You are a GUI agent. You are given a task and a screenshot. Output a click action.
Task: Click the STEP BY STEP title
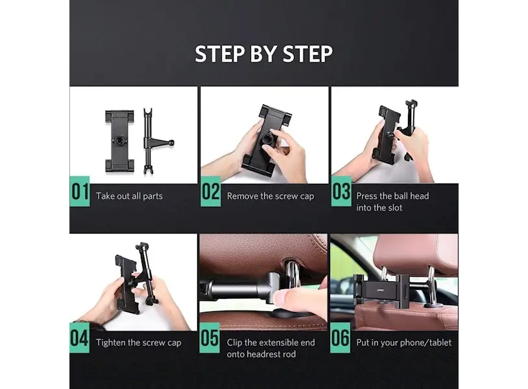(263, 54)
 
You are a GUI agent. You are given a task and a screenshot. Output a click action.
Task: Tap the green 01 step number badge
(80, 191)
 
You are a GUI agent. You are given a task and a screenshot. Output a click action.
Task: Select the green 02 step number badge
(210, 191)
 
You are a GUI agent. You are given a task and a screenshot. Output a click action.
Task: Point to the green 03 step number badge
(341, 191)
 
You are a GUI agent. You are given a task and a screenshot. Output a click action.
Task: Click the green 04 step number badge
(80, 338)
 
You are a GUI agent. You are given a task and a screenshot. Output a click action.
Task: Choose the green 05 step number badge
(210, 338)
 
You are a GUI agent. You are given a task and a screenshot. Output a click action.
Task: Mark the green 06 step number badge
(340, 338)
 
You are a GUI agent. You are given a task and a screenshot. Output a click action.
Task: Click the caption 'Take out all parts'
(129, 196)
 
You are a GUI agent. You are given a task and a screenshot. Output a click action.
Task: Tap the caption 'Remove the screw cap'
(270, 196)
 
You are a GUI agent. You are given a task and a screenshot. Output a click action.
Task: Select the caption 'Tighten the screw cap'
(139, 343)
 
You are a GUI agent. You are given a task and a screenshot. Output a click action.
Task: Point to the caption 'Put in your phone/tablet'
(403, 343)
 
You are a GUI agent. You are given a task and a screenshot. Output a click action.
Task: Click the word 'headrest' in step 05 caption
(261, 355)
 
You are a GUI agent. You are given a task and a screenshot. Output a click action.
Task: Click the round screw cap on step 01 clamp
(119, 140)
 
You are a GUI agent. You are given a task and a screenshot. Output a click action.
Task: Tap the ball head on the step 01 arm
(172, 143)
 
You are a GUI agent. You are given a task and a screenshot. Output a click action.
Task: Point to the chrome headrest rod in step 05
(293, 275)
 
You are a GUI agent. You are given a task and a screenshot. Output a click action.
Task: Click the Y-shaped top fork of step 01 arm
(147, 113)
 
